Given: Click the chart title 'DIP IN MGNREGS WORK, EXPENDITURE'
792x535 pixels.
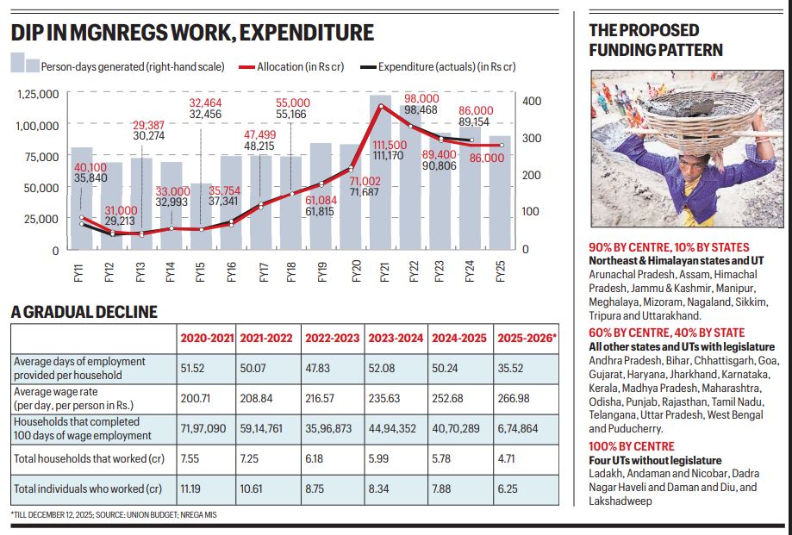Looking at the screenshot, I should pyautogui.click(x=192, y=33).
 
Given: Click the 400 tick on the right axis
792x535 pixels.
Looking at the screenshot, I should pyautogui.click(x=533, y=101).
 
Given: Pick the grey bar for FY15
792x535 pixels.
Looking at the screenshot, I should pyautogui.click(x=200, y=215).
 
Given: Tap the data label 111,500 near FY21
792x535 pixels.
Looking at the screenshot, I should pyautogui.click(x=385, y=144).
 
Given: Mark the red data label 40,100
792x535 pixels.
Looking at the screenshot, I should pyautogui.click(x=66, y=167).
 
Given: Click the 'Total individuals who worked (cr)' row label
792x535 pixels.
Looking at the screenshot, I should pyautogui.click(x=88, y=488).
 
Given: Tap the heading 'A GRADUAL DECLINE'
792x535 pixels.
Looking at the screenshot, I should pyautogui.click(x=84, y=312).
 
